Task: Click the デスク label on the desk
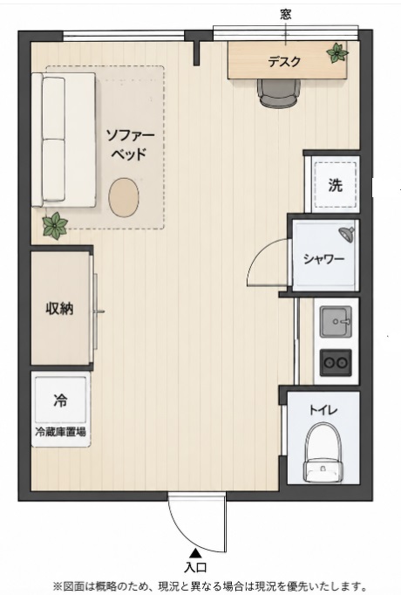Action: pos(284,61)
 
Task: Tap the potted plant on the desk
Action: pos(337,53)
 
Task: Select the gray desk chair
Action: pos(279,92)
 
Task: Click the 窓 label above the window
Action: pos(286,15)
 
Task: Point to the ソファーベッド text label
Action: pos(130,145)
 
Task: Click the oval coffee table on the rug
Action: pos(124,197)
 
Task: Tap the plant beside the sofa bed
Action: pos(55,226)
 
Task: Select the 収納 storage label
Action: pos(59,309)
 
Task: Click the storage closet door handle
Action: pos(99,312)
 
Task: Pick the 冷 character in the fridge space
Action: pos(61,400)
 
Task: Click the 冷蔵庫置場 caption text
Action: pos(60,432)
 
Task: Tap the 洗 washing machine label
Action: pos(335,185)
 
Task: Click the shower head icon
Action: pos(347,234)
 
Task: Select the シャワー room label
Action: pos(323,259)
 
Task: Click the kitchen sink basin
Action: pos(336,322)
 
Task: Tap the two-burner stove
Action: pos(336,363)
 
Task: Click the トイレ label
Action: pos(323,410)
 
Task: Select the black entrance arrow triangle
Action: pos(196,552)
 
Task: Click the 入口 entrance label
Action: pos(195,568)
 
